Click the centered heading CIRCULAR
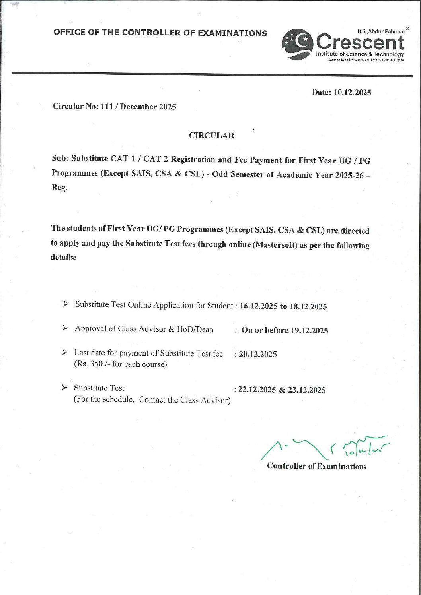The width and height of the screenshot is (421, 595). click(x=211, y=136)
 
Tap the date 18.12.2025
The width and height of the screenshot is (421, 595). click(x=308, y=306)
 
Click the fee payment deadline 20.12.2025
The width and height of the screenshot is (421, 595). click(x=258, y=354)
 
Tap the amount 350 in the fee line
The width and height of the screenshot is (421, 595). click(x=96, y=364)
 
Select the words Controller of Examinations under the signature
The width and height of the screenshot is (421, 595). click(x=316, y=466)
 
